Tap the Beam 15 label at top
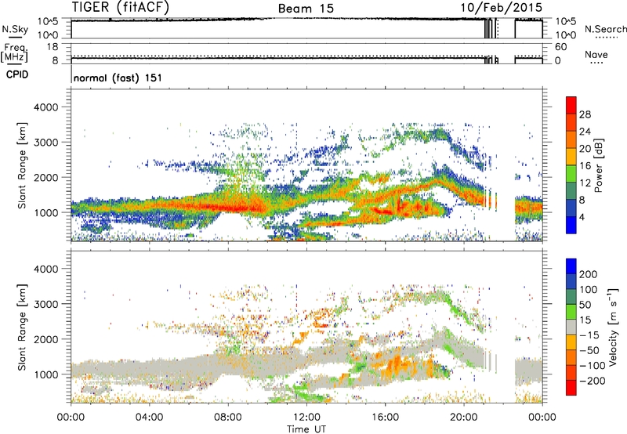(306, 8)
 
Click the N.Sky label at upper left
(13, 28)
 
